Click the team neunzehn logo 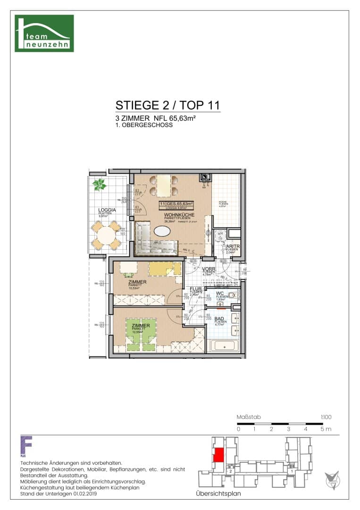click(x=44, y=33)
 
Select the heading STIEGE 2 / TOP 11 click(x=167, y=105)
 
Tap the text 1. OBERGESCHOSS click(x=144, y=126)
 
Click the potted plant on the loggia click(x=100, y=185)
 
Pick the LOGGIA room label click(x=105, y=210)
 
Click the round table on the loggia click(x=106, y=235)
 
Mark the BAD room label click(x=220, y=319)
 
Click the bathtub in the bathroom click(x=224, y=345)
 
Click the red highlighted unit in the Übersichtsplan click(x=218, y=456)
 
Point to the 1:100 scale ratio click(x=326, y=417)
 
